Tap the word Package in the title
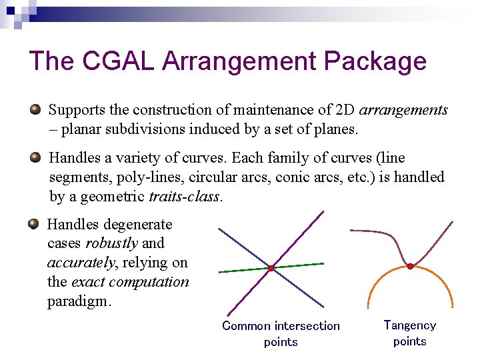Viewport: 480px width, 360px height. tap(375, 61)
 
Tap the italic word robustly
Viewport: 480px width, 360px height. tap(111, 243)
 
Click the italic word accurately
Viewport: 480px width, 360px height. tap(75, 263)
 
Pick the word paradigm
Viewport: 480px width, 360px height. tap(77, 301)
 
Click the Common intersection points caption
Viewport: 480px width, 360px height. tap(281, 333)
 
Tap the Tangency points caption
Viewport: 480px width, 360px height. tap(409, 333)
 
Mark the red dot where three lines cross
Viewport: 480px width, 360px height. tap(272, 268)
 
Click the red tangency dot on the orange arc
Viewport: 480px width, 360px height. tap(410, 266)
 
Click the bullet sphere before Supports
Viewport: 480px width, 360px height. tap(35, 109)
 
